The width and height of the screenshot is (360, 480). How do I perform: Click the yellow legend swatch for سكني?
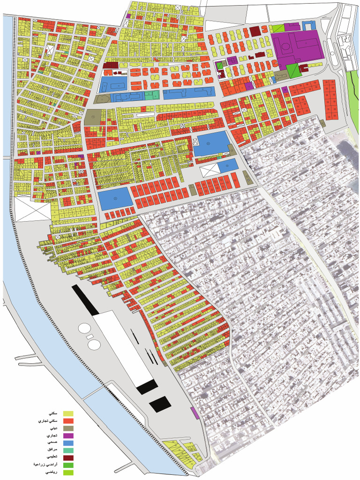coord(69,413)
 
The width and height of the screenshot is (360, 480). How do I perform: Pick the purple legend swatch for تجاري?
coord(69,435)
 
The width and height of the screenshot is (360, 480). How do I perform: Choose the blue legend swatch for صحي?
coord(69,442)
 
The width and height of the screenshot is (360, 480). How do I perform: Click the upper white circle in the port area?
coord(85,329)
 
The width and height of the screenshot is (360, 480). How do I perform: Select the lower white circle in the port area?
coord(94,344)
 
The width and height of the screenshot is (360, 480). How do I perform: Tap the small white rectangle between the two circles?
coord(90,336)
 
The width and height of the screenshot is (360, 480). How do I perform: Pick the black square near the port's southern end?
coord(160,404)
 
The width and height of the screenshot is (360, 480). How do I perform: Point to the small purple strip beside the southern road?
coord(193,413)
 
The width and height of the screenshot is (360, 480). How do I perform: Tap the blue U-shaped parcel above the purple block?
coord(308,25)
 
